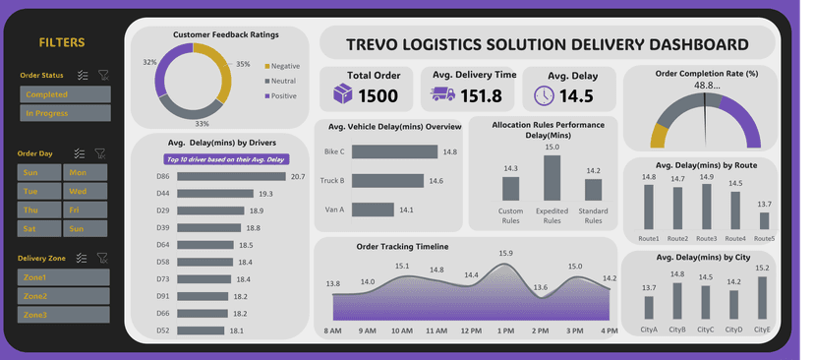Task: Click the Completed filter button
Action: coord(65,94)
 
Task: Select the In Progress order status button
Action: coord(65,113)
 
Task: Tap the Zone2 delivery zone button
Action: coord(65,296)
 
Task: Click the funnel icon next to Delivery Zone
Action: coord(102,258)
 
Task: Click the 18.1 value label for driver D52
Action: coord(236,331)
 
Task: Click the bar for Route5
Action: coord(764,221)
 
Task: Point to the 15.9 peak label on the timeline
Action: coord(505,254)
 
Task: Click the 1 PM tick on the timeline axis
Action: coord(505,331)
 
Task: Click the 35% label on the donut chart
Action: coord(243,64)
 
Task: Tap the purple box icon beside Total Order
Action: coord(342,94)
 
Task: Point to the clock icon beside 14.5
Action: coord(544,95)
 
